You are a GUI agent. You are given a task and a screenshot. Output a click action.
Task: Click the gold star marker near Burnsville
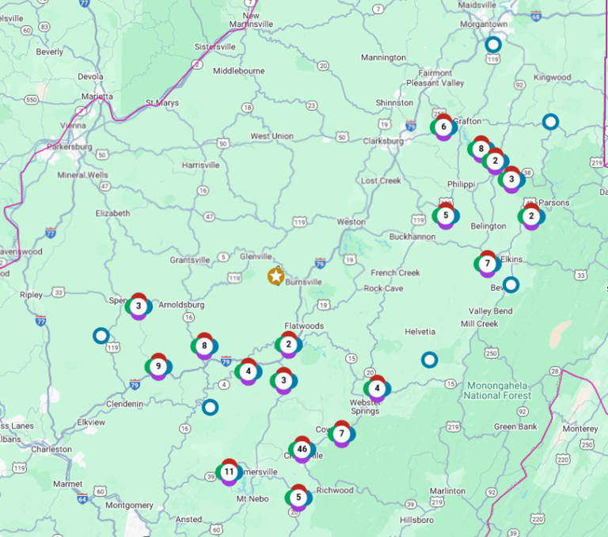click(x=275, y=276)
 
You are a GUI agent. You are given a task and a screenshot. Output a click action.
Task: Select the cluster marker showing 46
click(x=302, y=450)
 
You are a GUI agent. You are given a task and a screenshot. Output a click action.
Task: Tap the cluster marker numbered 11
click(x=229, y=472)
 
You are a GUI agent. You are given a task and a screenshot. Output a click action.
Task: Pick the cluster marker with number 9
click(x=158, y=366)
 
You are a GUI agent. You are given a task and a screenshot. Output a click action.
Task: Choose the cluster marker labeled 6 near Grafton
click(x=443, y=127)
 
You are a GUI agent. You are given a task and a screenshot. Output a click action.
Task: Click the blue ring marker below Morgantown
click(x=493, y=44)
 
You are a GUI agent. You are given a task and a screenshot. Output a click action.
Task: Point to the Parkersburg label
click(x=70, y=147)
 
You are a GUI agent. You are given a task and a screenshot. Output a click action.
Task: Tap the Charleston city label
click(x=51, y=449)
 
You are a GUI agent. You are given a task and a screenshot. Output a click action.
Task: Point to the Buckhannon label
click(x=411, y=236)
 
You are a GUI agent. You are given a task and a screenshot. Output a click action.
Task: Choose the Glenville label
click(x=256, y=256)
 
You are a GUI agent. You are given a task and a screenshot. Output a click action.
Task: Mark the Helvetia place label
click(x=420, y=331)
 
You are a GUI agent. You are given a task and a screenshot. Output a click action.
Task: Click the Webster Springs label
click(x=365, y=406)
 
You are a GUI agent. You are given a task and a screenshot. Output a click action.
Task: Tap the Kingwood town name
click(x=553, y=78)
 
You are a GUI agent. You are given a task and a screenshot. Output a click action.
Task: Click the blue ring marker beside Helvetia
click(x=429, y=360)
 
